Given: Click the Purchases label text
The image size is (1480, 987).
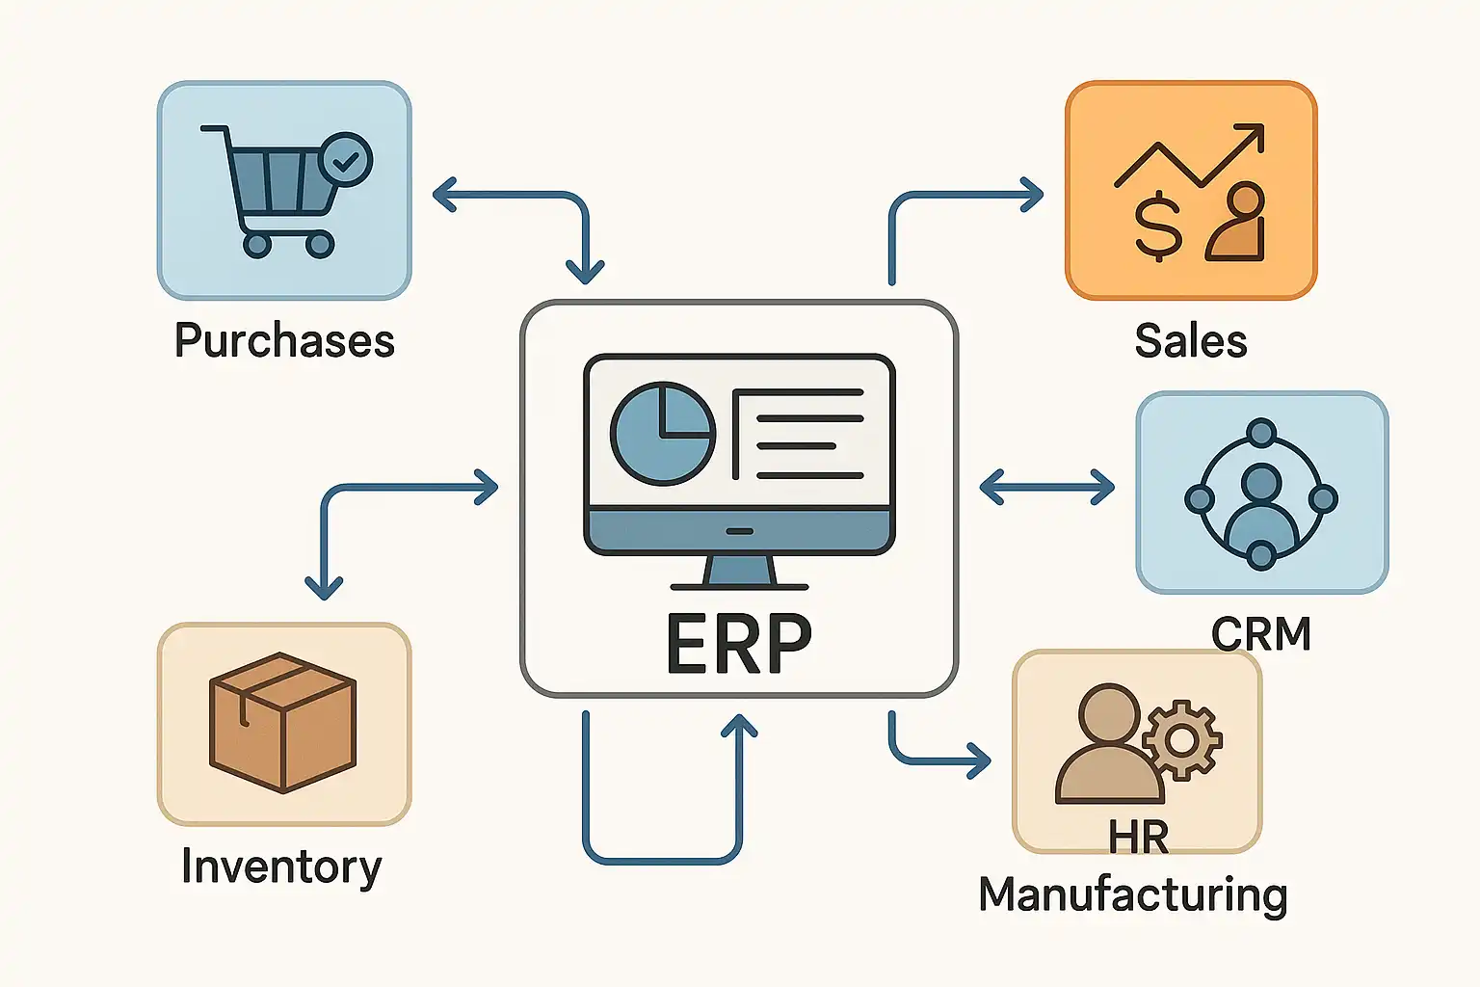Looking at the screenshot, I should pyautogui.click(x=284, y=341).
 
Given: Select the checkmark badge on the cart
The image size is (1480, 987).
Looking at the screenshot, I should pyautogui.click(x=345, y=160).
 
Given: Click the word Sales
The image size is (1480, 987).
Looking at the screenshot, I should pyautogui.click(x=1191, y=341).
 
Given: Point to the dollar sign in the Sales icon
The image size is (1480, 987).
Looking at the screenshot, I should pyautogui.click(x=1157, y=227).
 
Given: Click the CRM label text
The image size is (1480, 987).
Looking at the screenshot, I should pyautogui.click(x=1261, y=634).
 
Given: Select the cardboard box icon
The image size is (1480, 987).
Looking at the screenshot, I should pyautogui.click(x=282, y=723).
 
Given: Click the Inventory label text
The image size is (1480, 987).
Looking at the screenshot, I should pyautogui.click(x=281, y=867).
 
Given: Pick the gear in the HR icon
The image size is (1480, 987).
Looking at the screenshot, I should pyautogui.click(x=1182, y=739).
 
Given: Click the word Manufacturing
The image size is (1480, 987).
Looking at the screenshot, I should pyautogui.click(x=1132, y=894).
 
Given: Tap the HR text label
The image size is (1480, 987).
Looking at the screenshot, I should pyautogui.click(x=1138, y=838).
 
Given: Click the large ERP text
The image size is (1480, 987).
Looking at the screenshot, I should pyautogui.click(x=739, y=643).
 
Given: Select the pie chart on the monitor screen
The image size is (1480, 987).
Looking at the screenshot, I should pyautogui.click(x=663, y=433).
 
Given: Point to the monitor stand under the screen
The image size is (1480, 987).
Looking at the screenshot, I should pyautogui.click(x=739, y=571).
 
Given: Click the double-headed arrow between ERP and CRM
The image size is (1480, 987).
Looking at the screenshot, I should pyautogui.click(x=1046, y=487).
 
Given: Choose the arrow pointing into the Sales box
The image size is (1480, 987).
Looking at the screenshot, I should pyautogui.click(x=1032, y=195).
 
